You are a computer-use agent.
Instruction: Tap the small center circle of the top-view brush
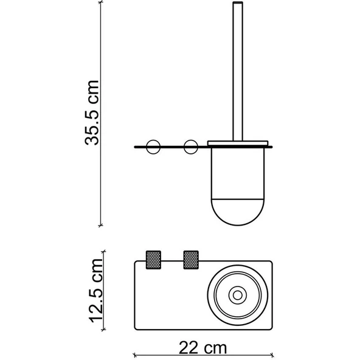[x=235, y=294]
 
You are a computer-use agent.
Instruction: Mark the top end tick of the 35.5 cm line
[x=101, y=3]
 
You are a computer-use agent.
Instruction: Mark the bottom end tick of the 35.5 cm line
[x=101, y=225]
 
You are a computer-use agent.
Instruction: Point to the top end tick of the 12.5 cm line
[x=105, y=250]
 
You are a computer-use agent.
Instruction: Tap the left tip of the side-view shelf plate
[x=135, y=147]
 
